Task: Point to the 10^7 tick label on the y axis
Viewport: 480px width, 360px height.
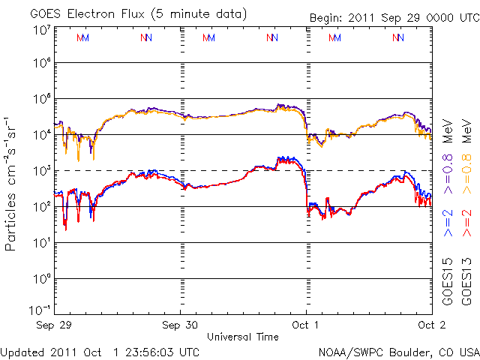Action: coord(41,31)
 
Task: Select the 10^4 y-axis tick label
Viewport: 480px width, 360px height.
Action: coord(41,134)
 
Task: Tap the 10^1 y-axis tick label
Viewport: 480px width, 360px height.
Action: coord(41,242)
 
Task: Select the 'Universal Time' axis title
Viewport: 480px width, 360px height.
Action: coord(243,337)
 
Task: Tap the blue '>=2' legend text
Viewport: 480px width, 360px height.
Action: coord(448,223)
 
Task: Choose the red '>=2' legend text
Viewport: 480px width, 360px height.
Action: coord(466,223)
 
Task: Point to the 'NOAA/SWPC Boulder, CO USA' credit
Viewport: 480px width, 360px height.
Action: coord(398,352)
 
